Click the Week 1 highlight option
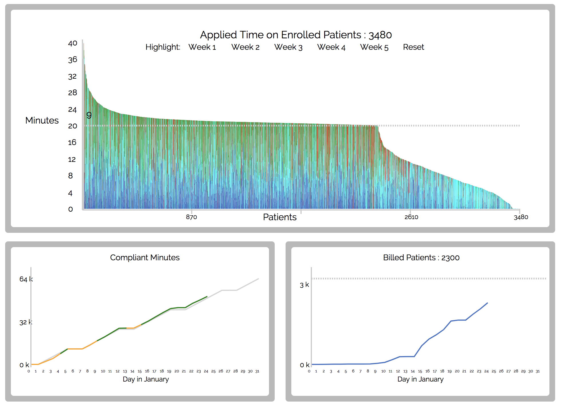pyautogui.click(x=202, y=47)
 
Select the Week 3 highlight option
pyautogui.click(x=288, y=47)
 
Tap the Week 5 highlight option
pyautogui.click(x=374, y=47)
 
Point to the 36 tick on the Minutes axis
pyautogui.click(x=72, y=60)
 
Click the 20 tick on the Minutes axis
pyautogui.click(x=72, y=126)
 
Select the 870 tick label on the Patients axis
pyautogui.click(x=191, y=217)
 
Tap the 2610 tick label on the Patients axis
pyautogui.click(x=411, y=217)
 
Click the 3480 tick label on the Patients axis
pyautogui.click(x=521, y=217)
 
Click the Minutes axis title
pyautogui.click(x=42, y=120)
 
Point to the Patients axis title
pyautogui.click(x=280, y=217)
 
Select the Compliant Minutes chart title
pyautogui.click(x=145, y=257)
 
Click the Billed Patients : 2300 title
pyautogui.click(x=421, y=257)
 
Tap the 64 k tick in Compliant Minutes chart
pyautogui.click(x=26, y=279)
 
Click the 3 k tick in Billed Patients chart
pyautogui.click(x=304, y=285)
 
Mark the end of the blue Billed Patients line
pyautogui.click(x=487, y=303)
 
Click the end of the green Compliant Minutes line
pyautogui.click(x=207, y=297)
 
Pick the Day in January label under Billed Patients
pyautogui.click(x=420, y=379)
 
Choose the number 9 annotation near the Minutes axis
pyautogui.click(x=89, y=115)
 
